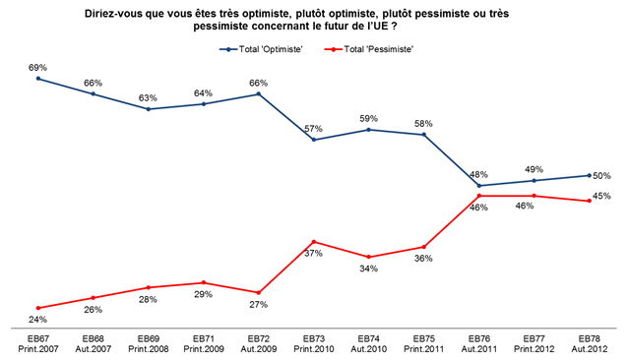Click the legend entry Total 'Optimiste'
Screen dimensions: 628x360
point(261,49)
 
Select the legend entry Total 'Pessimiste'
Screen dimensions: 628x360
point(368,49)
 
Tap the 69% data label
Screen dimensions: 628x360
point(37,68)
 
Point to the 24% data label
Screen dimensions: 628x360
point(37,320)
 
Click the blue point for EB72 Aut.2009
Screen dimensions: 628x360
point(258,94)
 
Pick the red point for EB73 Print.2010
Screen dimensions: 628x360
point(314,242)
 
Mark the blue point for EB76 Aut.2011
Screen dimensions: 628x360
point(479,186)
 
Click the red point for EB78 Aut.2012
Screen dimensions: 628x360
point(590,201)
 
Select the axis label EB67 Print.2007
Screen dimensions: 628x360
point(38,344)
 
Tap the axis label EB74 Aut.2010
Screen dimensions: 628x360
point(368,344)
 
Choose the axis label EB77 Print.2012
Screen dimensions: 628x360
point(534,344)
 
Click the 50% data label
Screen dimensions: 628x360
point(601,176)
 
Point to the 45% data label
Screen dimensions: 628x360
point(601,196)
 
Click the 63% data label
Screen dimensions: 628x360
point(148,98)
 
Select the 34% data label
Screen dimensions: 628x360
point(368,269)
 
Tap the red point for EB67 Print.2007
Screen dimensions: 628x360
point(38,308)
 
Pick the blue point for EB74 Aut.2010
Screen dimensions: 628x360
point(368,130)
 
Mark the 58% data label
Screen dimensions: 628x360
point(423,124)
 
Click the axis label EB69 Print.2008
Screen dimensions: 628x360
point(149,344)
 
